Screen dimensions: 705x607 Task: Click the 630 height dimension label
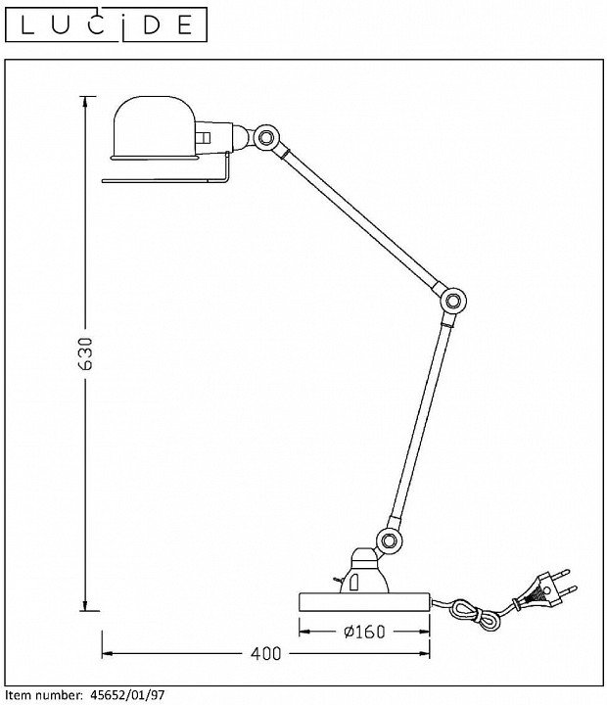click(86, 353)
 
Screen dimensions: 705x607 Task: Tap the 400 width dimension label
click(265, 653)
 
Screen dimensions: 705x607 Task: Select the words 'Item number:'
click(42, 694)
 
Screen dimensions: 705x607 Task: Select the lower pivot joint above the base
click(389, 540)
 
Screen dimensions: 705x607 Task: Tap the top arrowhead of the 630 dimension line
click(86, 101)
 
